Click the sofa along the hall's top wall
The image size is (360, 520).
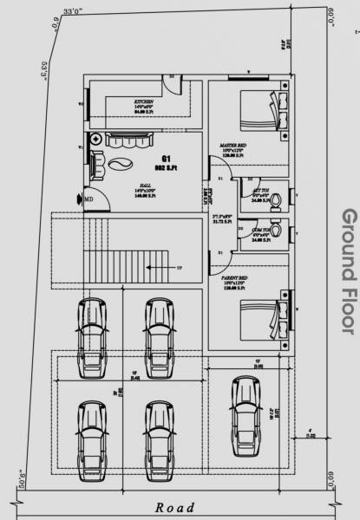pyautogui.click(x=128, y=139)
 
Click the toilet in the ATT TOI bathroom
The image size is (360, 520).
pyautogui.click(x=274, y=201)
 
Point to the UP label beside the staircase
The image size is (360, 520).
pyautogui.click(x=179, y=269)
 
